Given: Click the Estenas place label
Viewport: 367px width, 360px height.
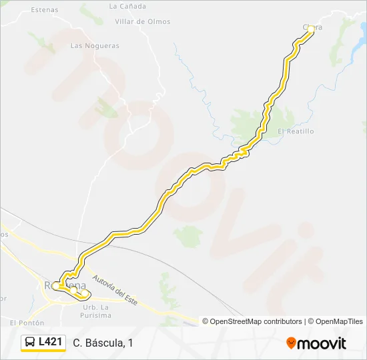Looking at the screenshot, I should (45, 10).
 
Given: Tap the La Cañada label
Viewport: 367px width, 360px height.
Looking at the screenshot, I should (127, 6).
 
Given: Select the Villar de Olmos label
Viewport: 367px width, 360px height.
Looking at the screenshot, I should (142, 21).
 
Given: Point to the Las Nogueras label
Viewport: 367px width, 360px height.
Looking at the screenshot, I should (95, 46).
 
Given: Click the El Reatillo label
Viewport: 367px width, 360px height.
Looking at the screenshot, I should (295, 131).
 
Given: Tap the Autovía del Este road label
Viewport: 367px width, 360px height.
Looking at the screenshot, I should (115, 290).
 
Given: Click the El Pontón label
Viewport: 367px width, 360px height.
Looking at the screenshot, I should (27, 323).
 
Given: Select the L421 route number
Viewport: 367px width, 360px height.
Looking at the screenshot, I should (50, 342).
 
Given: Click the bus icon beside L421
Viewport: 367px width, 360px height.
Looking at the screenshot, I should (30, 343).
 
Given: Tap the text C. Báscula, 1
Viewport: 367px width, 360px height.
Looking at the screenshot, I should (103, 343).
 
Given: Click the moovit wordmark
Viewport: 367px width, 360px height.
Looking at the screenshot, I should (322, 343).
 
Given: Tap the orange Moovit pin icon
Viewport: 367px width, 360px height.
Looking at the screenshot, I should (291, 343).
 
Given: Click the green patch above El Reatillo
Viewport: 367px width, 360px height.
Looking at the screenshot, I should (248, 123).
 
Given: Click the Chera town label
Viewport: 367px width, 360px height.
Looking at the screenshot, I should (314, 27).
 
